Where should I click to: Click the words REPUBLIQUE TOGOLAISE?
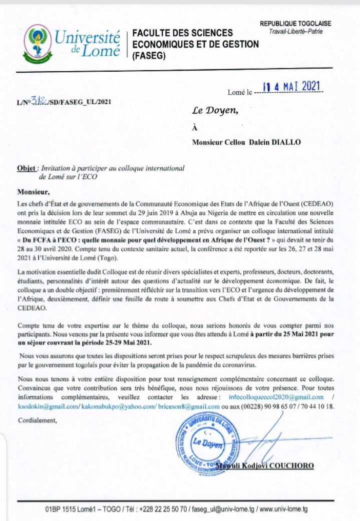(295, 24)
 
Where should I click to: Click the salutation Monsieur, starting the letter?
(34, 191)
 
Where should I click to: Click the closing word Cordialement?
(38, 420)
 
